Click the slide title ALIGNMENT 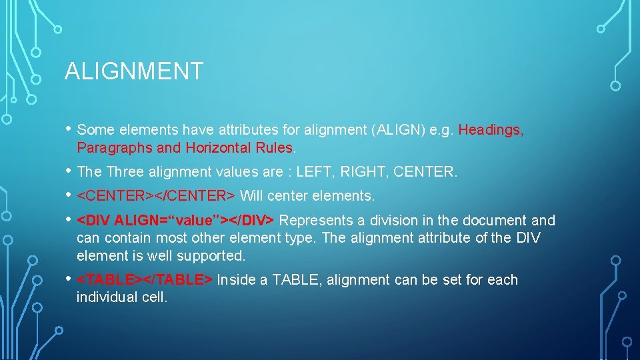[133, 71]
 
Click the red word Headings [491, 129]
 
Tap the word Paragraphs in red [109, 147]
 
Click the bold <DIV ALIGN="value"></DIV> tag [176, 221]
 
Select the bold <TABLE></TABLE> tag [145, 280]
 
